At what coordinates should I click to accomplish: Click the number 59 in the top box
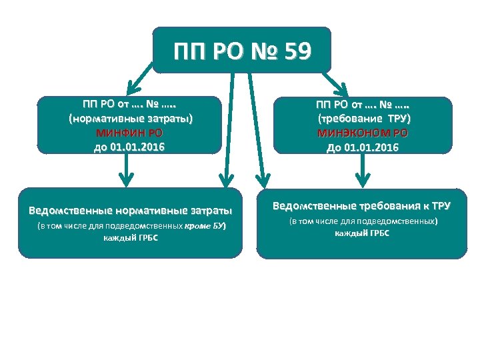pos(295,51)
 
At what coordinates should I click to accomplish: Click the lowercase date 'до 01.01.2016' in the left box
pos(129,146)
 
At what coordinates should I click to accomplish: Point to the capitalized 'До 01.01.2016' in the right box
pos(363,147)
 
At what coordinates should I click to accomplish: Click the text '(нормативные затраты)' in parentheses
pos(129,119)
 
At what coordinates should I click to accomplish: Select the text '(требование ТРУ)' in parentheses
pos(363,119)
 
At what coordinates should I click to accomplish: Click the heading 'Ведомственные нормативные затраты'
pos(130,211)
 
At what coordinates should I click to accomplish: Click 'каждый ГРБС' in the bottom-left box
pos(131,238)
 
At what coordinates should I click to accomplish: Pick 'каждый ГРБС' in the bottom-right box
pos(362,233)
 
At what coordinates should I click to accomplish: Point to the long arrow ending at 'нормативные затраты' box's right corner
pos(229,127)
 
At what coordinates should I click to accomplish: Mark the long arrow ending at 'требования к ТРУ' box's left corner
pos(256,127)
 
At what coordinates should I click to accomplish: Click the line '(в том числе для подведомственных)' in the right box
pos(363,221)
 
